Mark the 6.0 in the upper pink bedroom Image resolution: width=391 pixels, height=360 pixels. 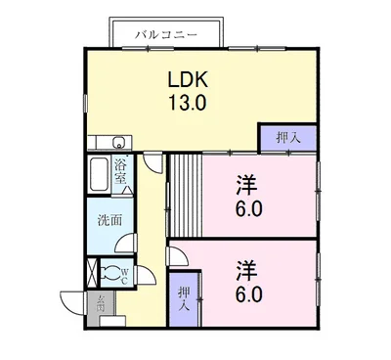pyautogui.click(x=248, y=208)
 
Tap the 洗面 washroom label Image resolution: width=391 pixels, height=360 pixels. pyautogui.click(x=109, y=220)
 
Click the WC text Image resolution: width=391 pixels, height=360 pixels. pyautogui.click(x=126, y=275)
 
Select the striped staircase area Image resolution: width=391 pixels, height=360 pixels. pyautogui.click(x=183, y=192)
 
